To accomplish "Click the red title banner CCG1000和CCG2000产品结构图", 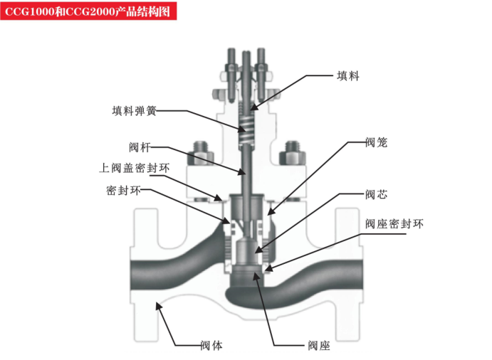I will [89, 12].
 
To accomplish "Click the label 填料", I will [347, 75].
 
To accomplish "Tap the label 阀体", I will [211, 346].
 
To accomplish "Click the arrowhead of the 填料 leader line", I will [251, 107].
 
